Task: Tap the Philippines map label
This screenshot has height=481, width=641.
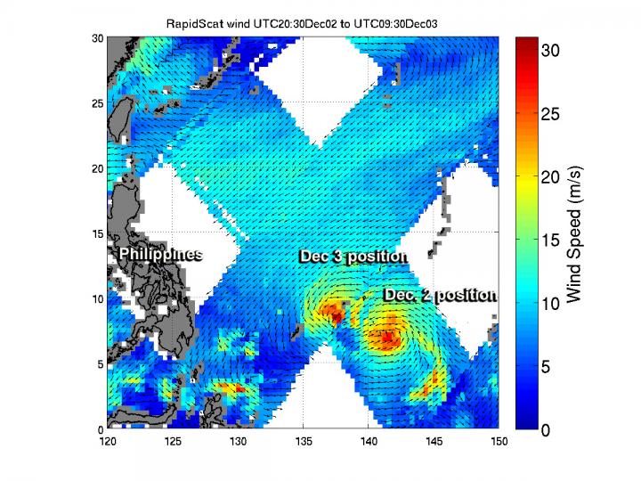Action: click(160, 255)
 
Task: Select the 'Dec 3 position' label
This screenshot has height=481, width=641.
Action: click(353, 257)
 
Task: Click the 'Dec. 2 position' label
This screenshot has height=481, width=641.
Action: click(440, 295)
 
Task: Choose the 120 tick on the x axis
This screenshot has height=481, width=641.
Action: click(108, 440)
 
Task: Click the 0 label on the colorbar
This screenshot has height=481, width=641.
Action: click(551, 429)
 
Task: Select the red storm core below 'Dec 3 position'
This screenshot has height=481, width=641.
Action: click(334, 313)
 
